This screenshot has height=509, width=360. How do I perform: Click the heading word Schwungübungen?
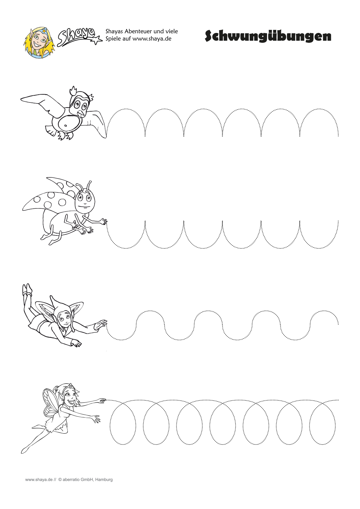point(268,36)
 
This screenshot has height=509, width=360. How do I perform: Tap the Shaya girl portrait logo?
point(39,43)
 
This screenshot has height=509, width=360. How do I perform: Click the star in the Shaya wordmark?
point(97,40)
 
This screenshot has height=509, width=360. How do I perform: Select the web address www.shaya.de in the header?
point(152,39)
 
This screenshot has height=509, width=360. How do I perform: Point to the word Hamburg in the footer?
point(104,480)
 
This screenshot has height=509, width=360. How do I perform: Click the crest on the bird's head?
point(73,91)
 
